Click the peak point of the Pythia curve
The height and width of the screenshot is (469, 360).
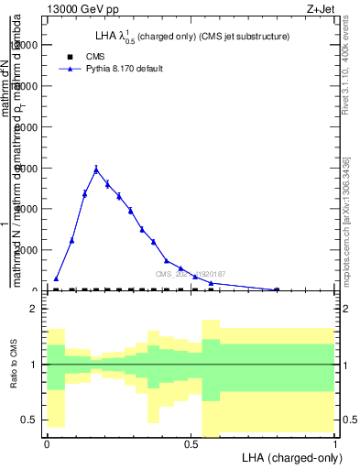coord(96,169)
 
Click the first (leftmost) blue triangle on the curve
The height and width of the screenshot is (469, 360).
coord(56,278)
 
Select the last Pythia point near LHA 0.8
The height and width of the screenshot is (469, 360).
coord(277,289)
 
